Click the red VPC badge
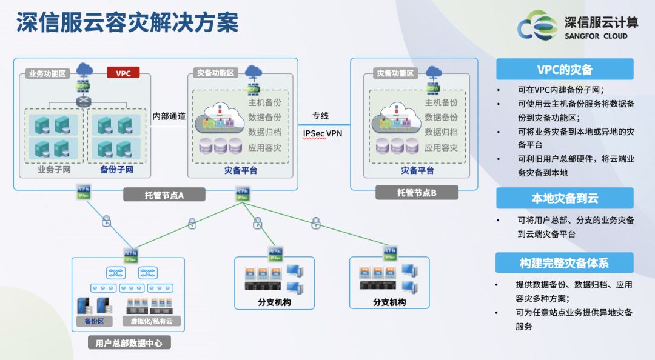tap(123, 73)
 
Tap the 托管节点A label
tap(164, 195)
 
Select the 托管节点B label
tap(417, 193)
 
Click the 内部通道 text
tap(169, 116)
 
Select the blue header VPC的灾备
tap(564, 69)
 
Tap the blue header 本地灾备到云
tap(564, 198)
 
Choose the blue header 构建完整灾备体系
tap(564, 263)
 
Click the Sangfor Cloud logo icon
tap(536, 25)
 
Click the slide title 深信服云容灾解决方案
tap(127, 23)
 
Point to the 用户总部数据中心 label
tap(129, 343)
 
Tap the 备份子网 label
tap(116, 170)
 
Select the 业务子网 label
tap(54, 170)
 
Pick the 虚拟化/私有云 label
tap(147, 321)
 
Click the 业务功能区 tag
tap(46, 74)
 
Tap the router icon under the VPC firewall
tap(82, 101)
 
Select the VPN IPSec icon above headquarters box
tap(130, 254)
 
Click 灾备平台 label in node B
tap(417, 171)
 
